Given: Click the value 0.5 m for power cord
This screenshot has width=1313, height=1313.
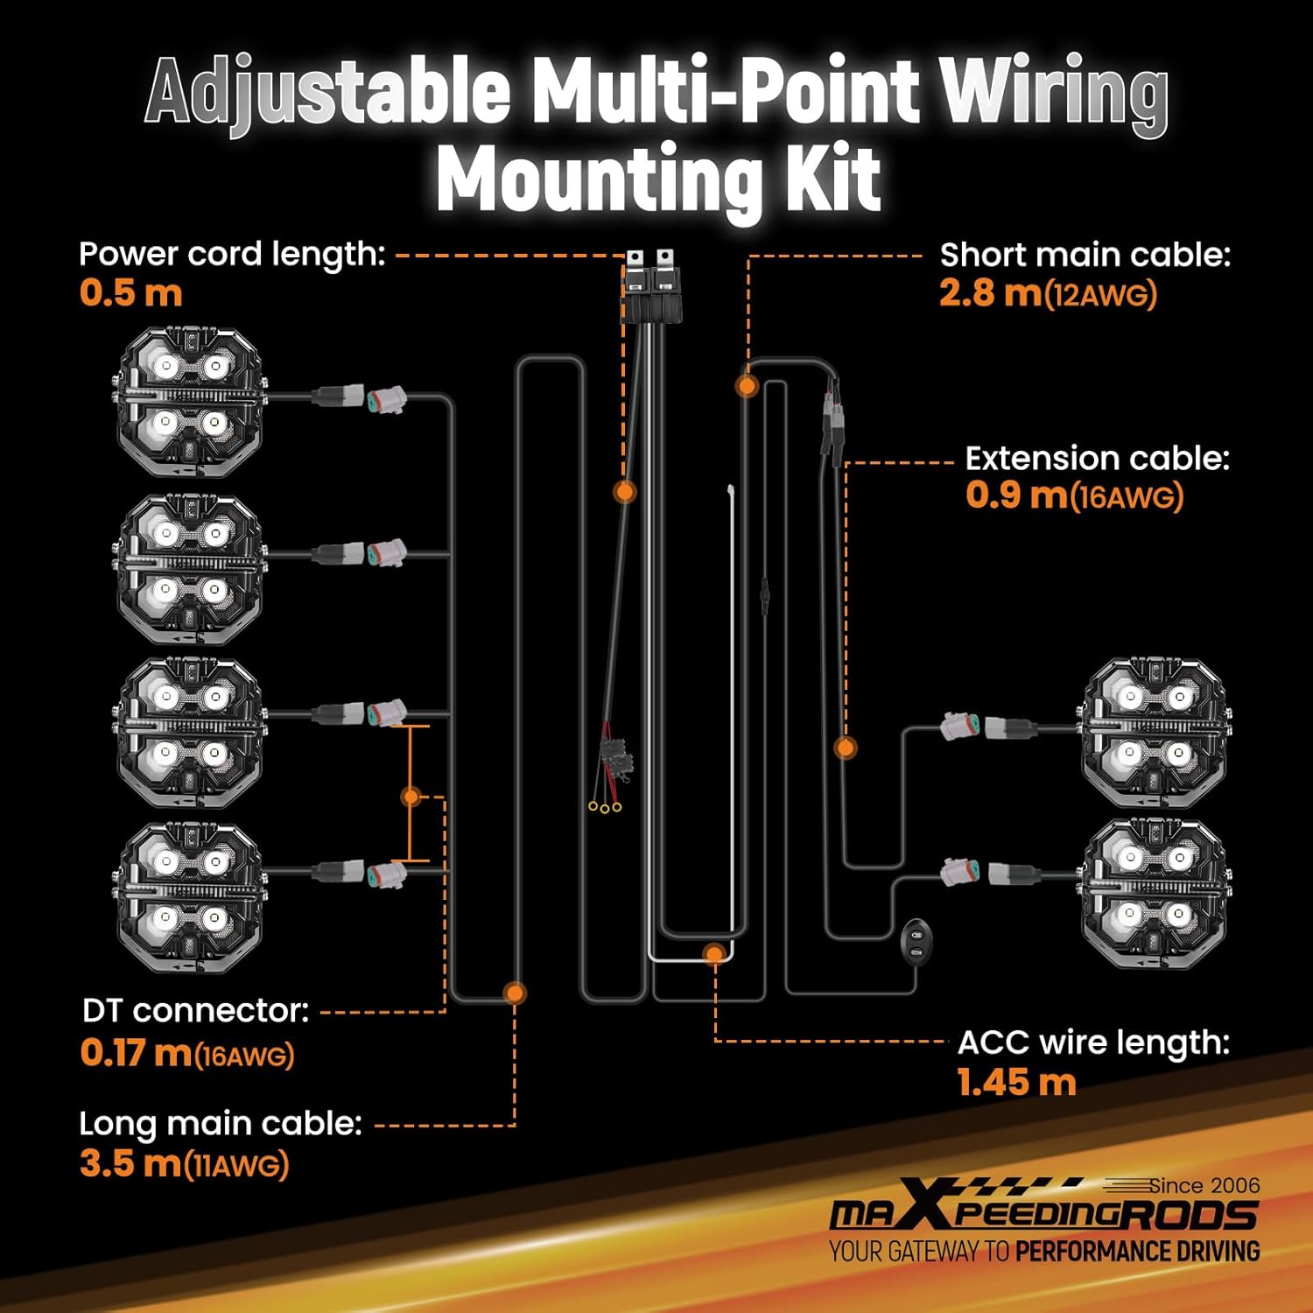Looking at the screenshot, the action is [130, 292].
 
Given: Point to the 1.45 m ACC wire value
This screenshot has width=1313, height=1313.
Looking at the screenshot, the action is [1016, 1083].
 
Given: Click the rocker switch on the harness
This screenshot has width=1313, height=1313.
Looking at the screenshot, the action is [916, 943].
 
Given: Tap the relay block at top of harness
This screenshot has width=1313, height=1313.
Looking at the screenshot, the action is [649, 289].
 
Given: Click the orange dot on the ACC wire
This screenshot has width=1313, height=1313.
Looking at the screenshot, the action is [714, 954].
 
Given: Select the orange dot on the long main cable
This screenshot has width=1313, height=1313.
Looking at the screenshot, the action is [515, 993].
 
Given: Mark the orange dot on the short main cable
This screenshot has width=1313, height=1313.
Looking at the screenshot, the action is [747, 384].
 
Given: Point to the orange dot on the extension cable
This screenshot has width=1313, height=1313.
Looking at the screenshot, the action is [845, 748].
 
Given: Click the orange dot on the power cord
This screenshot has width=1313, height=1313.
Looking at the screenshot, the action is [624, 491].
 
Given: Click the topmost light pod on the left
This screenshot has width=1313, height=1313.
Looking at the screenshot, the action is [190, 403].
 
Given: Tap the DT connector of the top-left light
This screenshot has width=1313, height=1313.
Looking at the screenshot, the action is [385, 399].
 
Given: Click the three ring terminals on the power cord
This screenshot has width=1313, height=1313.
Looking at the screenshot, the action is [605, 806].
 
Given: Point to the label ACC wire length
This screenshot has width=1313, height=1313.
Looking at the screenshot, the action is [1093, 1043].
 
